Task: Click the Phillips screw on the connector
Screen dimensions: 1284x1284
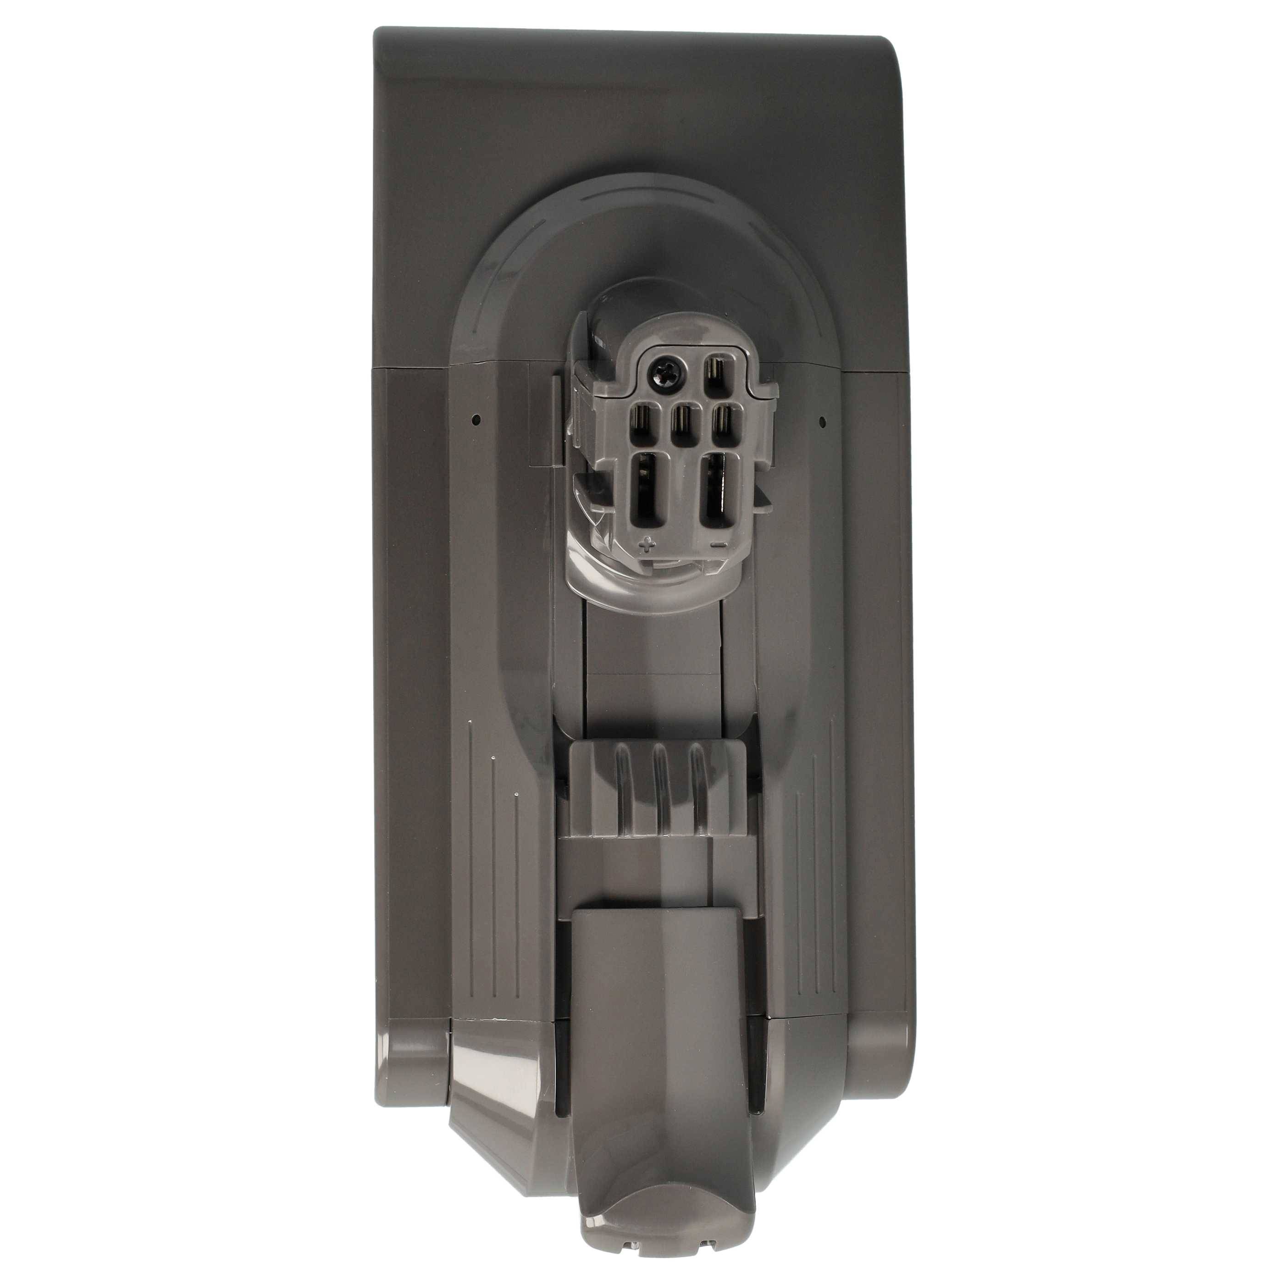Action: tap(664, 367)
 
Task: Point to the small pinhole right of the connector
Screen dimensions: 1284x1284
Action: tap(822, 420)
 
